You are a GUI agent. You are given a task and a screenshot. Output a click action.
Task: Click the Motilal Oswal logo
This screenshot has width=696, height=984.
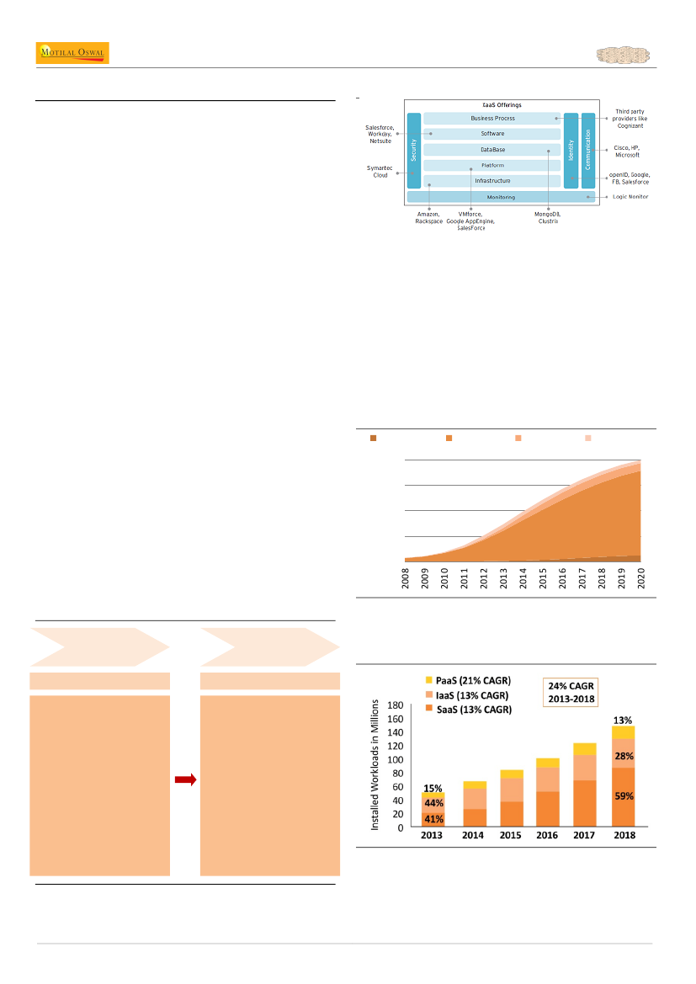[72, 53]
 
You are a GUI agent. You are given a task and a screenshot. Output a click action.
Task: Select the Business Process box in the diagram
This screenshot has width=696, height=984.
[492, 119]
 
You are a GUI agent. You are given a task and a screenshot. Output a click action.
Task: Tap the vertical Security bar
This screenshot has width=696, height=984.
[413, 151]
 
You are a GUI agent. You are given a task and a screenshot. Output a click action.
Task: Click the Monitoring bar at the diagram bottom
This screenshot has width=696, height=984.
[501, 197]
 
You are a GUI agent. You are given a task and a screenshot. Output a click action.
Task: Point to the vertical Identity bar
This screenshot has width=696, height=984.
[571, 151]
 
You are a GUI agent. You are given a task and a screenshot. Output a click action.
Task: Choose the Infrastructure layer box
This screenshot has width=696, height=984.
[492, 181]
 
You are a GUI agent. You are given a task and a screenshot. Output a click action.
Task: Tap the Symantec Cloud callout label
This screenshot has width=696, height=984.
[380, 172]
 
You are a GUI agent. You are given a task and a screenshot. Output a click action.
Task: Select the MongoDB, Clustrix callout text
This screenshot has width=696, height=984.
[547, 218]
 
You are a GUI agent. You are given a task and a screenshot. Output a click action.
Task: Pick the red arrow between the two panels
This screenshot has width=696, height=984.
[185, 780]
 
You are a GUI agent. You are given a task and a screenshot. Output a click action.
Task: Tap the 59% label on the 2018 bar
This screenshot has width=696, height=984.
[624, 795]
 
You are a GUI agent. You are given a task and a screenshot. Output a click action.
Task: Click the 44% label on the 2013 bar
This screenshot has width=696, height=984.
[433, 803]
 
